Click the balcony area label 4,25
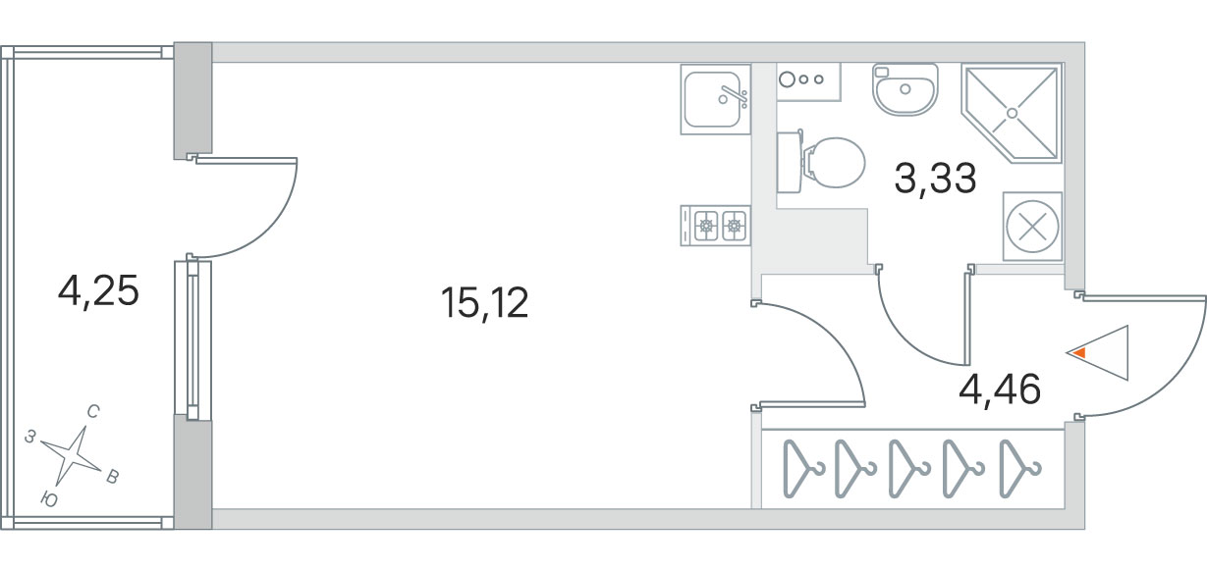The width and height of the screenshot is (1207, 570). coord(98,291)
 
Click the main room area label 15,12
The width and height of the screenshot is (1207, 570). coord(484,302)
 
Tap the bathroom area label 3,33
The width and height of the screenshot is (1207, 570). coord(935,179)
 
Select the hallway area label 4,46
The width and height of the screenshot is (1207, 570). coord(1000,389)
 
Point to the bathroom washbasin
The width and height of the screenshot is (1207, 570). coord(905,89)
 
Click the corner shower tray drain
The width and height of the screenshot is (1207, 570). coord(1012,113)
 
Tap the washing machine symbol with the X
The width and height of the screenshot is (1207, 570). coord(1032,226)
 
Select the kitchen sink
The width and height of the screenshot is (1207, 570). coord(716,99)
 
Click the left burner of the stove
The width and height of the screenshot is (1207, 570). coord(706,226)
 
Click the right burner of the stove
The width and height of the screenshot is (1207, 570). coord(734,226)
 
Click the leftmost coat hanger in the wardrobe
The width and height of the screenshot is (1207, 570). coord(802,469)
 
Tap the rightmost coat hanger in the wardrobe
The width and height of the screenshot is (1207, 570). coord(1019,469)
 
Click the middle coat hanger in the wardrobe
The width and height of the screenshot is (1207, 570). coord(908,469)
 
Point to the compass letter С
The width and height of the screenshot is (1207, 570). coord(93,412)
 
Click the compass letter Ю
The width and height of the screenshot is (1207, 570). coord(49,500)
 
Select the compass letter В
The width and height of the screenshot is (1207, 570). coord(112,477)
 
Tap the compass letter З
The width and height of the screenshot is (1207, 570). coord(30,437)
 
